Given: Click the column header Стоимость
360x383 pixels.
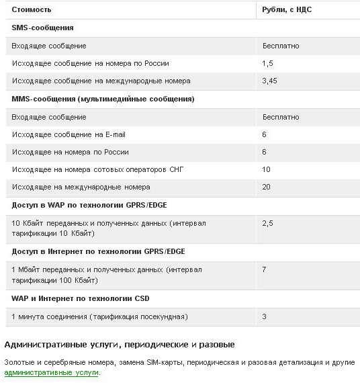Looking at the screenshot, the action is point(31,10).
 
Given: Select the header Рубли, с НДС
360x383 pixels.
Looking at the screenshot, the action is point(287,10).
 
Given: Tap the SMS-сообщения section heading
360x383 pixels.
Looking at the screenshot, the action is point(42,28).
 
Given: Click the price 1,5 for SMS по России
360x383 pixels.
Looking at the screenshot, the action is point(267,63).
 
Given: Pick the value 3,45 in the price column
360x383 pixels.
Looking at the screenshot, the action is point(269,81).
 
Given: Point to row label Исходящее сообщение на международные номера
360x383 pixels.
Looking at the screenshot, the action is point(101,81).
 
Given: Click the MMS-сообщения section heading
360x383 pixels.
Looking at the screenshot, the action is point(103,99).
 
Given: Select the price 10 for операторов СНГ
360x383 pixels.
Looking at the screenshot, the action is point(267,169).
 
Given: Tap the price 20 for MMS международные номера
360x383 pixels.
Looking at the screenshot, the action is point(267,187).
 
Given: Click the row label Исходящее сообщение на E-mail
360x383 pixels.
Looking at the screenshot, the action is point(69,134).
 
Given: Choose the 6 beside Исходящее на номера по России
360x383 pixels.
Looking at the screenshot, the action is point(265,152).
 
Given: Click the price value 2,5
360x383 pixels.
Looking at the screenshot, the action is point(267,223).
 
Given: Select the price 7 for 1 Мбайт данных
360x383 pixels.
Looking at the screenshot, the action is point(265,269).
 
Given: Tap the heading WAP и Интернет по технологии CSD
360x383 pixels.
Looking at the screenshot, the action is point(81,298).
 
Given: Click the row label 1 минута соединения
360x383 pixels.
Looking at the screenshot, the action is point(99,316).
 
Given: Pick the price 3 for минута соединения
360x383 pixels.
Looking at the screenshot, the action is point(265,316).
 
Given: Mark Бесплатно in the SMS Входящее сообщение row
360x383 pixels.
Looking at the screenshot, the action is point(281,46).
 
